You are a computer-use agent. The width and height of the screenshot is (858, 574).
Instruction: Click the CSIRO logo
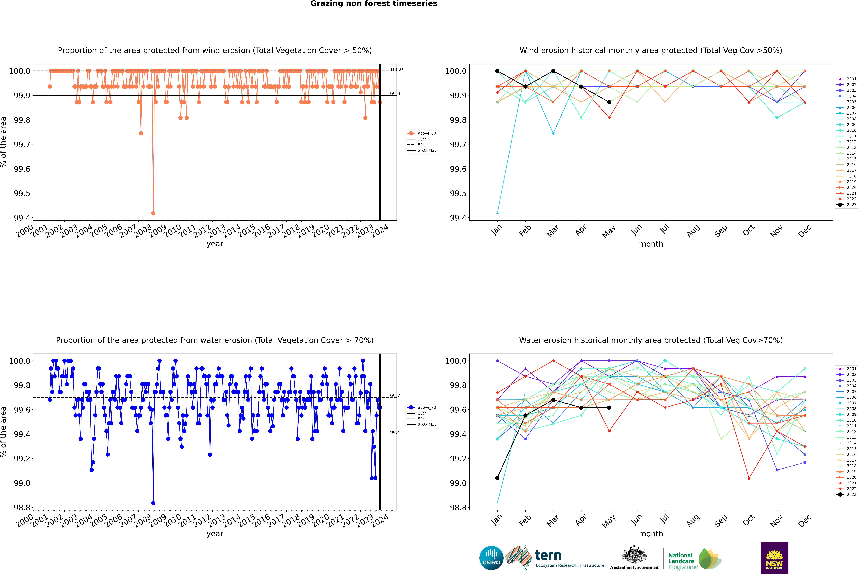[491, 558]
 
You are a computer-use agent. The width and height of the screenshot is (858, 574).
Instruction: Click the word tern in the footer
[548, 555]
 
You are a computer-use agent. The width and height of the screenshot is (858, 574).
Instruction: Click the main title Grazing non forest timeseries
[374, 4]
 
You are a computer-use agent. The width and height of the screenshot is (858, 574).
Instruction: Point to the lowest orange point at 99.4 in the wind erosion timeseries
[153, 213]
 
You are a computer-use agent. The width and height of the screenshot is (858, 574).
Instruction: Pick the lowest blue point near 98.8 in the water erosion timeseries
[153, 503]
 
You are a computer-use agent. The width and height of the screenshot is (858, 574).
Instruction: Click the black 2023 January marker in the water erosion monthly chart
[497, 478]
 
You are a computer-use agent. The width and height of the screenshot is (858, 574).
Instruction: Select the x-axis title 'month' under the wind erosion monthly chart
[651, 244]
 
